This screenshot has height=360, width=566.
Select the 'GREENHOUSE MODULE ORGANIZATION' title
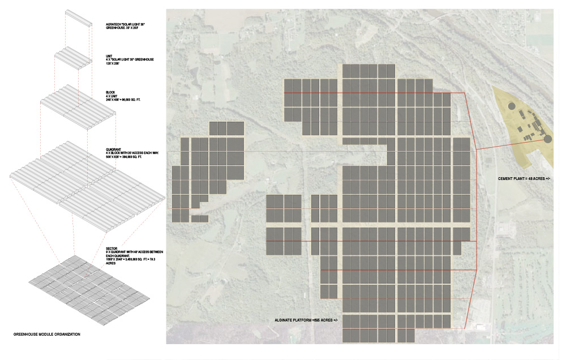pos(47,335)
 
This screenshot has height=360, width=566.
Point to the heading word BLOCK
pos(110,92)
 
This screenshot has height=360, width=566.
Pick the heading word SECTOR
pos(112,249)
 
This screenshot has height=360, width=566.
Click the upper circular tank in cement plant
pos(511,106)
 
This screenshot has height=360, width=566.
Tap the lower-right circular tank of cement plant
pos(548,138)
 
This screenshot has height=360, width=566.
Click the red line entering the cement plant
pos(498,144)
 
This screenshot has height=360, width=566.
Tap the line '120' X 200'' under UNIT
pos(115,63)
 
